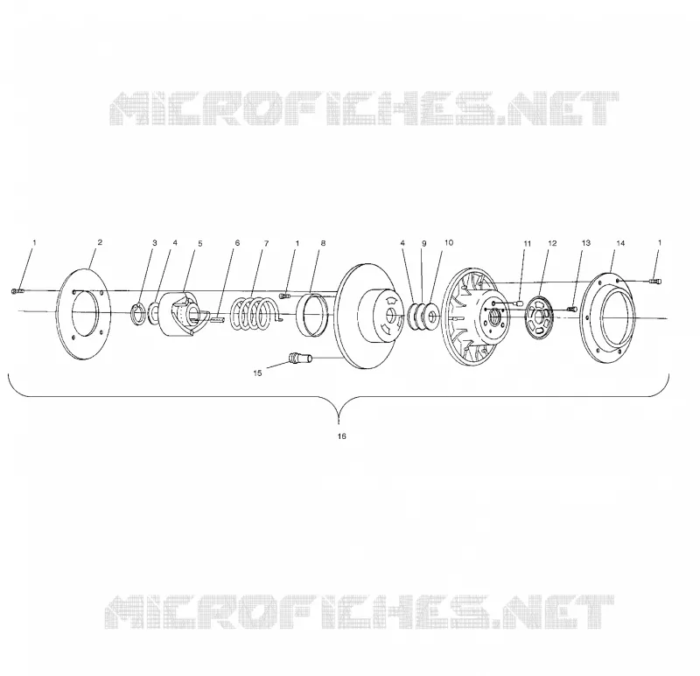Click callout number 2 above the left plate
100,242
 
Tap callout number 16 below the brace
341,436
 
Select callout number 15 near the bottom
257,373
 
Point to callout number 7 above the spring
267,243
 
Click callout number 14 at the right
620,243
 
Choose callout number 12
552,243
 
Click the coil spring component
254,314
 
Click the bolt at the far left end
15,291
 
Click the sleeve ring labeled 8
312,315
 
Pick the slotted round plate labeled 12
540,317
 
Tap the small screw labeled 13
572,309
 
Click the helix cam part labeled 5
182,314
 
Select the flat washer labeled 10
432,317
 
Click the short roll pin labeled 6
216,318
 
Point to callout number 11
528,244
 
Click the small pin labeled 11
519,303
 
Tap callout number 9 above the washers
424,244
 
